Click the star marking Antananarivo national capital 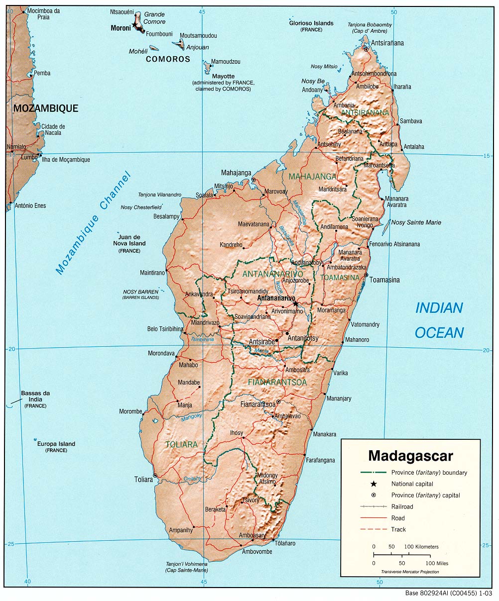click(295, 303)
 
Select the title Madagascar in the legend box click(410, 456)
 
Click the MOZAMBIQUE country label click(46, 108)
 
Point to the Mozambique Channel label click(93, 223)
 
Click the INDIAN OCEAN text click(439, 320)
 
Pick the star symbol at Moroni click(135, 24)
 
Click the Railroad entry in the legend click(402, 506)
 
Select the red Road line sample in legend click(373, 518)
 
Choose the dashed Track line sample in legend click(373, 529)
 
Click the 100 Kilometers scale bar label click(421, 546)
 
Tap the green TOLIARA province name click(182, 444)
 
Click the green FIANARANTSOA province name click(277, 382)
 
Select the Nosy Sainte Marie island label click(416, 222)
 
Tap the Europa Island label click(56, 444)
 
